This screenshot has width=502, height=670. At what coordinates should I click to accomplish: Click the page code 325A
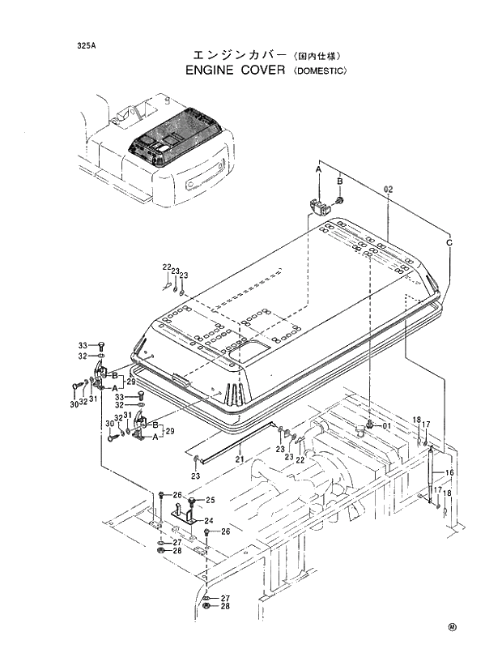pyautogui.click(x=83, y=46)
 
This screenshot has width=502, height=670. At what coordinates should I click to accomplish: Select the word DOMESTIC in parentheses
pyautogui.click(x=319, y=71)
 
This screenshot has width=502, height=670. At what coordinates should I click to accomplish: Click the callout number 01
pyautogui.click(x=386, y=425)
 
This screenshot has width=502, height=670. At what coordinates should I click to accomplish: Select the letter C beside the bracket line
pyautogui.click(x=449, y=242)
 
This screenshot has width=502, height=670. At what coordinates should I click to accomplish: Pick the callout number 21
pyautogui.click(x=240, y=460)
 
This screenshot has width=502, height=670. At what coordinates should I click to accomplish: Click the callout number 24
pyautogui.click(x=208, y=521)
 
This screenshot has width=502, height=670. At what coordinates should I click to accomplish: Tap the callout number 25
pyautogui.click(x=210, y=500)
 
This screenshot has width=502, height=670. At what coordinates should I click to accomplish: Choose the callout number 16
pyautogui.click(x=450, y=472)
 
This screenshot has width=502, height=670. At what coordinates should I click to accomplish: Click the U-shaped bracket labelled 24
pyautogui.click(x=184, y=515)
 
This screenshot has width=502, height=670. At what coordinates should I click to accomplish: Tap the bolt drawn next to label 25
pyautogui.click(x=191, y=500)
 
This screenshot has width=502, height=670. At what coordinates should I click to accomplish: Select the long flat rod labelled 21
pyautogui.click(x=235, y=441)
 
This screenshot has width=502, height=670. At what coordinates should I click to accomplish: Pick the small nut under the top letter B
pyautogui.click(x=341, y=200)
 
